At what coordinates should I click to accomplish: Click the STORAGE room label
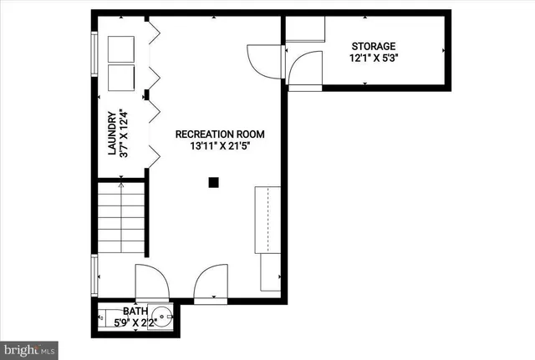tap(372, 46)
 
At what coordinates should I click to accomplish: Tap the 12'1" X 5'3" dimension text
tap(372, 58)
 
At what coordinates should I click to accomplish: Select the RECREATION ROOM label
tap(219, 134)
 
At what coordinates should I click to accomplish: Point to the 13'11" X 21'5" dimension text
tap(219, 145)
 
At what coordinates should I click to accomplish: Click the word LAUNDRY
tap(111, 134)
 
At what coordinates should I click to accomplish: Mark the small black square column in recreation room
tap(214, 181)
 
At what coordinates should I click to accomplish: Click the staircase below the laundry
tap(122, 219)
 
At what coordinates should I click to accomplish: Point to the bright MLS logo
tap(30, 346)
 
